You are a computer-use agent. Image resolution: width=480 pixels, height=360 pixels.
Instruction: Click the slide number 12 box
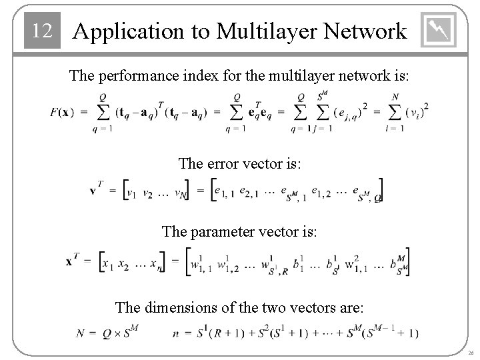[x=41, y=31]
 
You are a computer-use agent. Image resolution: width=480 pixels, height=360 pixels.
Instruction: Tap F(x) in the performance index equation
[x=62, y=111]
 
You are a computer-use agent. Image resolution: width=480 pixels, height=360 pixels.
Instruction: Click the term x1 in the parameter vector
[x=105, y=263]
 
